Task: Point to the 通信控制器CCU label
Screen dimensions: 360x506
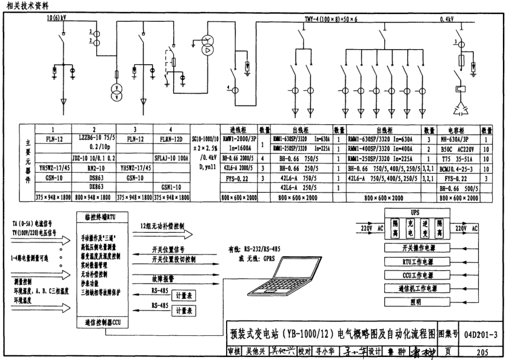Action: pyautogui.click(x=102, y=323)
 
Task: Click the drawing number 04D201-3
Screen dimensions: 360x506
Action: pyautogui.click(x=482, y=333)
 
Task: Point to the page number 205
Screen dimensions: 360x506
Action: pyautogui.click(x=482, y=351)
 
